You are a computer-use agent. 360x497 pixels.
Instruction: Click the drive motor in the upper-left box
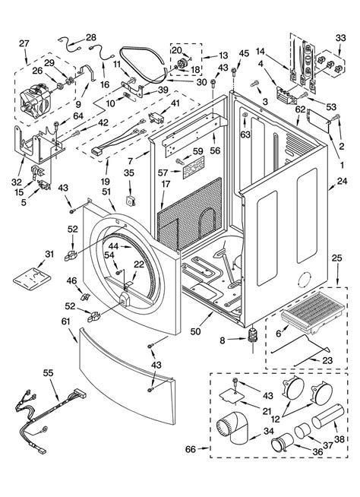click(35, 99)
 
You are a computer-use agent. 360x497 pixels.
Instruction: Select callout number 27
click(24, 43)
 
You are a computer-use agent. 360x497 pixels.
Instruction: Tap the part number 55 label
click(49, 373)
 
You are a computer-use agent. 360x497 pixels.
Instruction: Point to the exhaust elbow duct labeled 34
click(233, 427)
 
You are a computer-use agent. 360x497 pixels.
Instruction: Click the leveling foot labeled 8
click(253, 336)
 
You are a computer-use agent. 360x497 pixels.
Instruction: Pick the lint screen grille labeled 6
click(313, 312)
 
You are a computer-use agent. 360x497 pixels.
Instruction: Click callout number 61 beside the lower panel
click(65, 321)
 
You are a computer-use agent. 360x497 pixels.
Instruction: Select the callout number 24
click(343, 182)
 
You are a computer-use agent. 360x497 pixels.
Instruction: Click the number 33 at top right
click(341, 38)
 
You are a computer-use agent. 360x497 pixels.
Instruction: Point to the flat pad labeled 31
click(32, 278)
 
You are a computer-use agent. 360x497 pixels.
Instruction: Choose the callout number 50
click(195, 331)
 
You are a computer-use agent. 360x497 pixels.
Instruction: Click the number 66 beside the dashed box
click(191, 449)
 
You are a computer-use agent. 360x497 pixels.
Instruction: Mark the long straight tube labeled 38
click(327, 416)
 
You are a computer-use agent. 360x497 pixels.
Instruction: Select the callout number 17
click(166, 184)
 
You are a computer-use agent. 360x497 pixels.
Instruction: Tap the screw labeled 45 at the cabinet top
click(234, 71)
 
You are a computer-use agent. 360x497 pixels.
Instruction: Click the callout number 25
click(337, 258)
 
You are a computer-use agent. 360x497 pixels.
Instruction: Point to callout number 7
click(131, 161)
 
